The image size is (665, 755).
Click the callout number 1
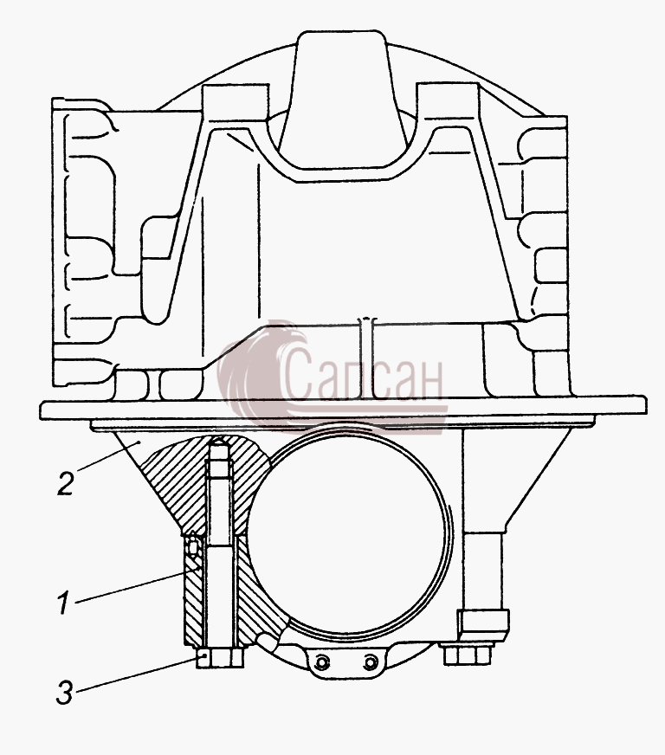click(x=63, y=603)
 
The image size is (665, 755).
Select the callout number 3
click(x=65, y=694)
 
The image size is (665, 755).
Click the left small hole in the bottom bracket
click(x=321, y=663)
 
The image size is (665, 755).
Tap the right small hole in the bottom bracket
click(x=370, y=663)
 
